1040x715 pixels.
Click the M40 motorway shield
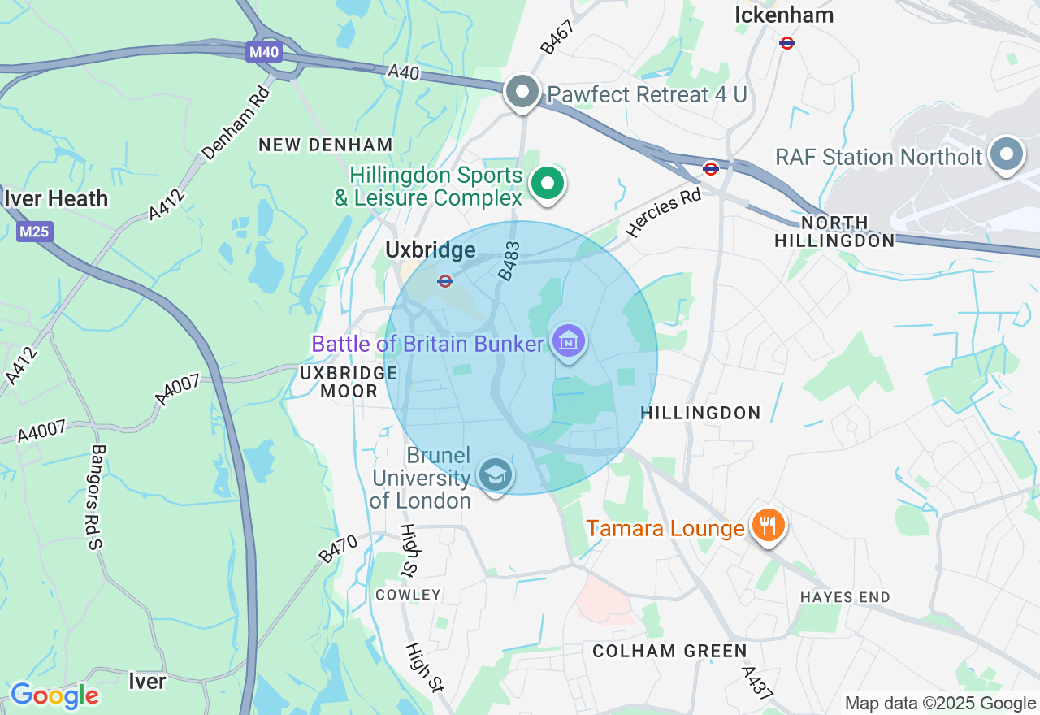pyautogui.click(x=264, y=53)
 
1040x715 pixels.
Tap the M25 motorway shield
pyautogui.click(x=34, y=232)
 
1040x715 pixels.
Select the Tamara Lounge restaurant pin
pyautogui.click(x=766, y=526)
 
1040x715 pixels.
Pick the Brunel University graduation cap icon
pyautogui.click(x=495, y=474)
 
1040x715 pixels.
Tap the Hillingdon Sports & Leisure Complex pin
pyautogui.click(x=548, y=184)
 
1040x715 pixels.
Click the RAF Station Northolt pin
pyautogui.click(x=1007, y=154)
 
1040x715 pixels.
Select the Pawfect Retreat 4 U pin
pyautogui.click(x=522, y=92)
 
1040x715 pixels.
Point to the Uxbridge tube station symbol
pyautogui.click(x=444, y=281)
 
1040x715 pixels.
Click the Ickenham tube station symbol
pyautogui.click(x=786, y=42)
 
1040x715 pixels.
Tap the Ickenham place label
pyautogui.click(x=784, y=15)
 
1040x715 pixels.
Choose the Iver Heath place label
pyautogui.click(x=56, y=198)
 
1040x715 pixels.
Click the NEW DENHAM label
pyautogui.click(x=326, y=145)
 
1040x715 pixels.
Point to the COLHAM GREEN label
pyautogui.click(x=669, y=651)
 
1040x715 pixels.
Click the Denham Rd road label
pyautogui.click(x=236, y=121)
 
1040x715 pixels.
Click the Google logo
pyautogui.click(x=54, y=695)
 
